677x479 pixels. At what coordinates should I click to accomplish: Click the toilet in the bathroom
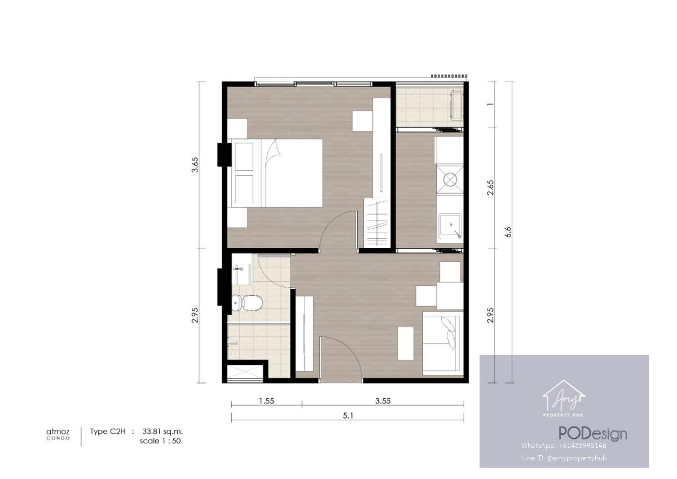point(247,303)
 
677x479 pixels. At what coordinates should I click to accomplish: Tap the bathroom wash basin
point(241,275)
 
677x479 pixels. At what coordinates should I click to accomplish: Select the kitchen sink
point(450,226)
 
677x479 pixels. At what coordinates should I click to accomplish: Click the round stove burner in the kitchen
point(450,180)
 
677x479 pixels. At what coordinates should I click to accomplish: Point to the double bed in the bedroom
point(275,173)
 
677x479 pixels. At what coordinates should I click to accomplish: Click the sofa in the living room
point(443,343)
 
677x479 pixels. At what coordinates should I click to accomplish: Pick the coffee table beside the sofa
point(406,343)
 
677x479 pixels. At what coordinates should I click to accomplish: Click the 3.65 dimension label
point(195,164)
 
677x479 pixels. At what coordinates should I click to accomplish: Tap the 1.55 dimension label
point(266,401)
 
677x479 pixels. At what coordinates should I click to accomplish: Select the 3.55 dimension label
point(383,401)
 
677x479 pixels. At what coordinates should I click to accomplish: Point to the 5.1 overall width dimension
point(348,416)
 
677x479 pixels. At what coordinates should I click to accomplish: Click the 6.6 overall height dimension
point(508,232)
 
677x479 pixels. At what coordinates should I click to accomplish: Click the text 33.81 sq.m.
point(162,431)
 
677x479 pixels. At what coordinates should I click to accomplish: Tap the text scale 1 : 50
point(160,441)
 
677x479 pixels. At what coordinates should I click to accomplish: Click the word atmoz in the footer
point(58,432)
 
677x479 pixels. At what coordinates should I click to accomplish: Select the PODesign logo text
point(593,433)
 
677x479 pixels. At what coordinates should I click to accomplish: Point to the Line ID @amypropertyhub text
point(564,458)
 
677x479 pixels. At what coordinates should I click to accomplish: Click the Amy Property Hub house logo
point(564,399)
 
